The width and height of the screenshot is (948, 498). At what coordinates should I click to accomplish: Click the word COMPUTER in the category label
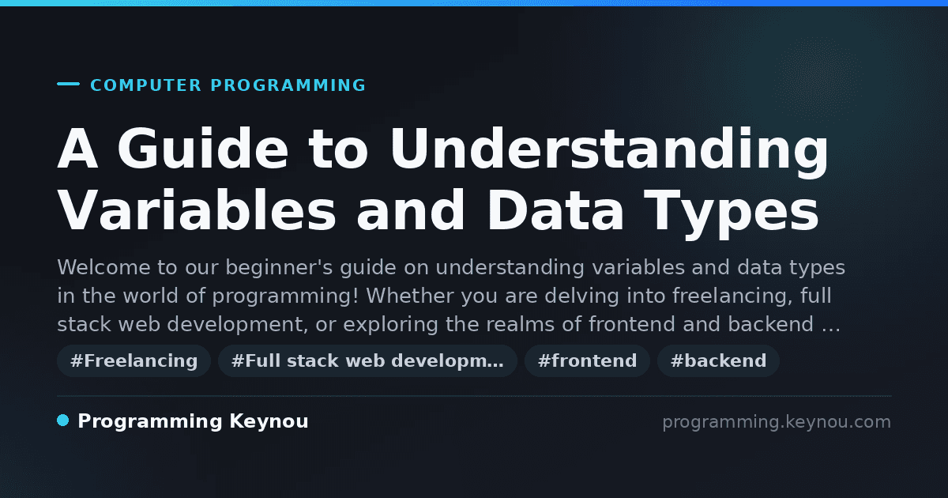145,85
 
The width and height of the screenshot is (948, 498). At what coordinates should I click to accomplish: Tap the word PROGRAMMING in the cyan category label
288,85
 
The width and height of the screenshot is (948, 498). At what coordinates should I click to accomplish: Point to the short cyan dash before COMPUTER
68,84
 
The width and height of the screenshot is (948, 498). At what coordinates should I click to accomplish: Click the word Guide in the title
203,149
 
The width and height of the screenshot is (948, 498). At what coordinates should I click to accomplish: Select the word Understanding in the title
609,153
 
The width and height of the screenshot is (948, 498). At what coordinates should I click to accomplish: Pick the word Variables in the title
197,210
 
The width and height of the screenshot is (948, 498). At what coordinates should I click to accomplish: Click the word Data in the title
555,210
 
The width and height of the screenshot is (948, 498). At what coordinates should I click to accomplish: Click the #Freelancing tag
134,360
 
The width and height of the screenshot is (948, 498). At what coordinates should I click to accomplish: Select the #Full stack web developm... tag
367,360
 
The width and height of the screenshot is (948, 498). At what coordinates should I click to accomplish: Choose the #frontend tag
587,360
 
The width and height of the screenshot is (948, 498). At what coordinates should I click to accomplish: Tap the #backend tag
718,360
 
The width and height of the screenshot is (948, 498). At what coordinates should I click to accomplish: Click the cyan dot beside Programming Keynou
62,421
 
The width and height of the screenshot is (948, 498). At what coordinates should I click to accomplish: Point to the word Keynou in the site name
269,422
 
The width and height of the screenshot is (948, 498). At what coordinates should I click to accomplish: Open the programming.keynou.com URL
777,422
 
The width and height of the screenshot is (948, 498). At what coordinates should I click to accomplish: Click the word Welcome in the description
103,267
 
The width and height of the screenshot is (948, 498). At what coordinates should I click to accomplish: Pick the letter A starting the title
77,149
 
